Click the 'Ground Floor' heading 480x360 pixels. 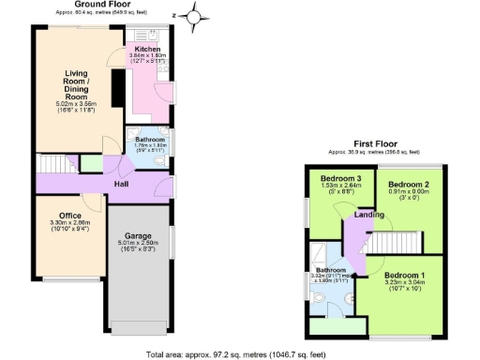point(102,5)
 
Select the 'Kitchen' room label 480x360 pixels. point(147,49)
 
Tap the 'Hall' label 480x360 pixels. point(122,184)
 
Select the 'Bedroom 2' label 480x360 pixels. point(409,184)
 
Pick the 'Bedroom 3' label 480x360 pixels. point(340,178)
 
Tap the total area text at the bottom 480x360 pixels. point(239,353)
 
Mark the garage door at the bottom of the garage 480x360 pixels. point(138,330)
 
